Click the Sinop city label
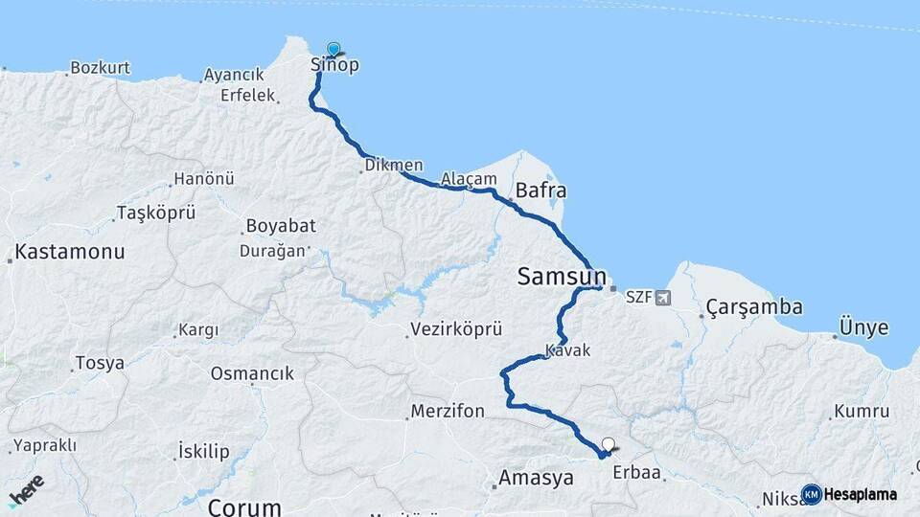[x=334, y=65]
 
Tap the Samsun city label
[x=562, y=277]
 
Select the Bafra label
[x=541, y=190]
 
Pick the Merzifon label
[x=448, y=412]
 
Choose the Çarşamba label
[x=754, y=307]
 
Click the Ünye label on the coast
[x=863, y=327]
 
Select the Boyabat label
[x=281, y=227]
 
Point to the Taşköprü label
[x=155, y=212]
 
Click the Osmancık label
[x=252, y=373]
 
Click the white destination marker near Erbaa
[x=608, y=444]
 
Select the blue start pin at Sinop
[x=333, y=49]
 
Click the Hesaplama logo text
[x=860, y=495]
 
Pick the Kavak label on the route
[x=567, y=351]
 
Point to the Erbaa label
[x=637, y=476]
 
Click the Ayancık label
[x=234, y=75]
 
